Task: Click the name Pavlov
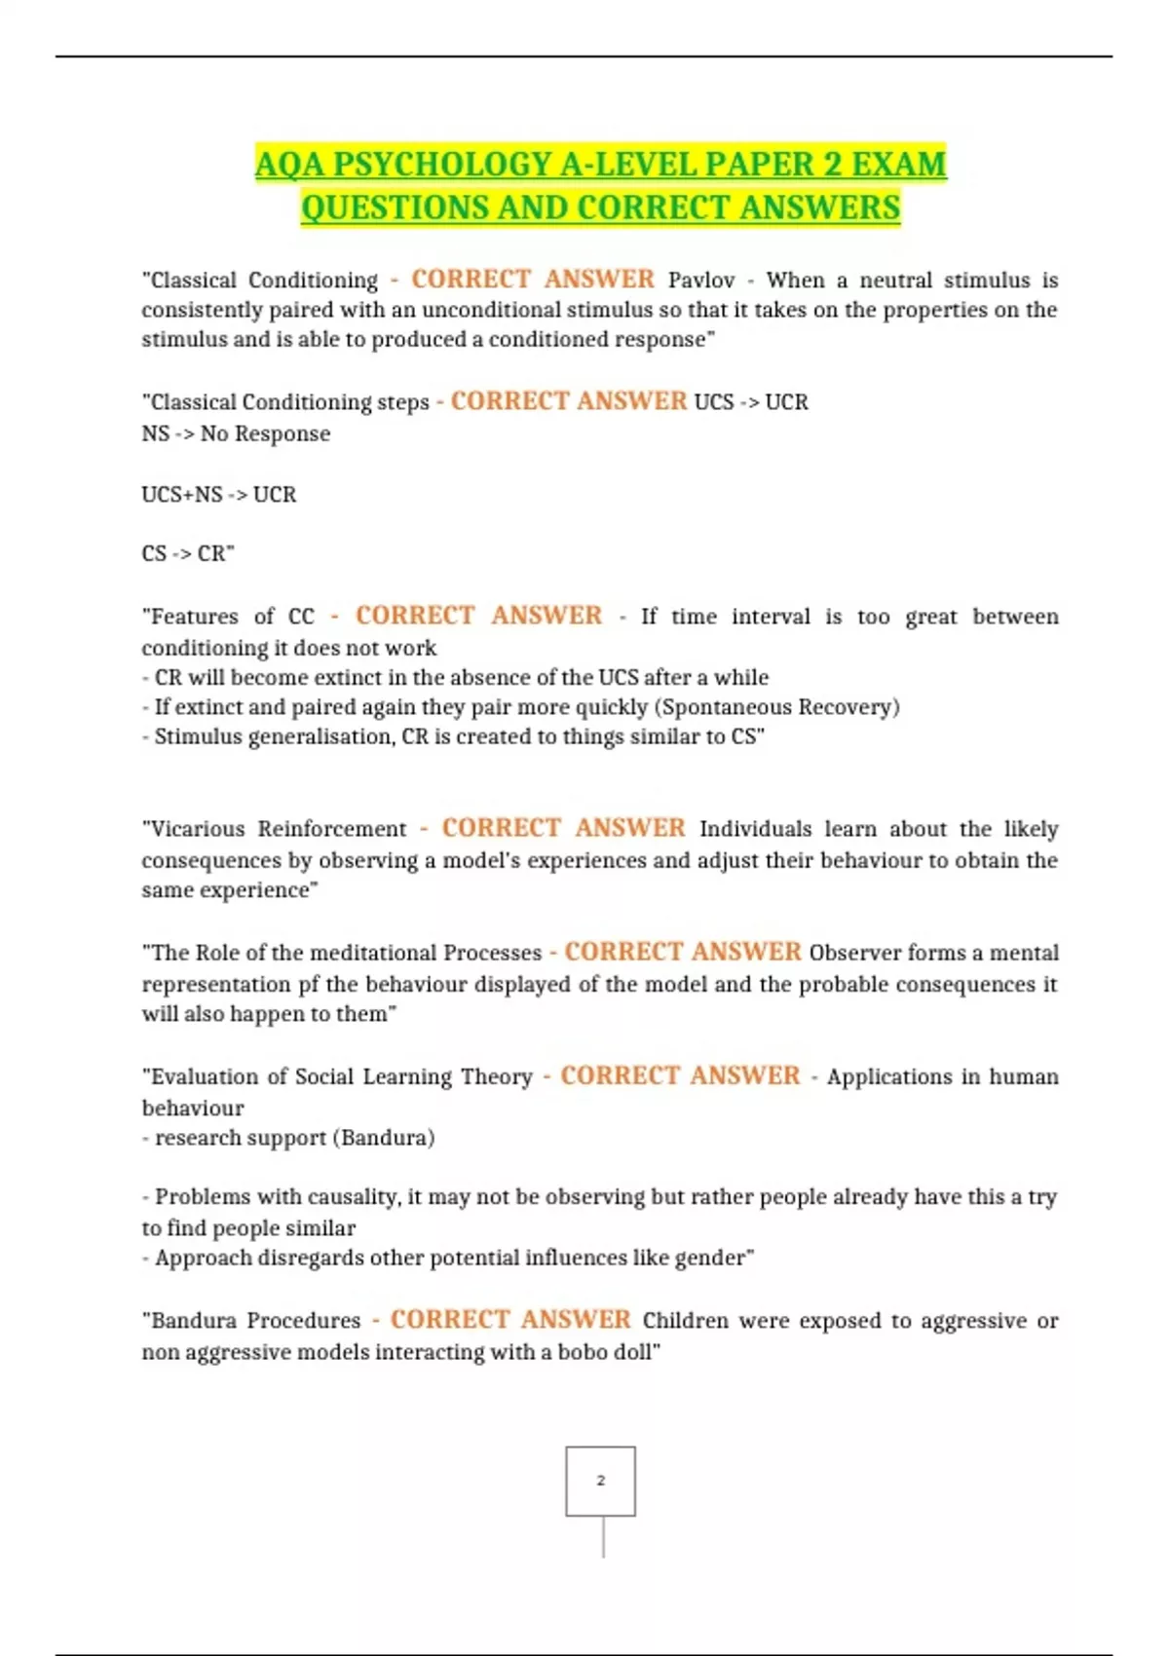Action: point(700,281)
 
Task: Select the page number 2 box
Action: point(600,1481)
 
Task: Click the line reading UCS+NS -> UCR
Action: point(219,495)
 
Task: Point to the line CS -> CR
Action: point(187,554)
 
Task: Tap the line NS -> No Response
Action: point(236,433)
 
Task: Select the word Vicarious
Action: point(198,829)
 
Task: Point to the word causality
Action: point(352,1197)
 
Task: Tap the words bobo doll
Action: point(608,1352)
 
